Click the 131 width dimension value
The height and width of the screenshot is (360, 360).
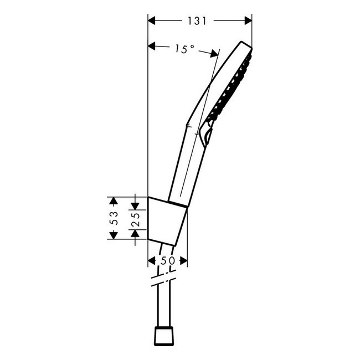[x=197, y=20]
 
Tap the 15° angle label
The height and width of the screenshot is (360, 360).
[x=184, y=49]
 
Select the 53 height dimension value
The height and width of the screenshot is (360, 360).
[x=114, y=217]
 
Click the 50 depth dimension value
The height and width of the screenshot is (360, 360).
[x=168, y=260]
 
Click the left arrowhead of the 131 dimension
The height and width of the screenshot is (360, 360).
[x=152, y=20]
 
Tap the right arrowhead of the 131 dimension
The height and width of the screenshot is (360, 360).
[x=248, y=20]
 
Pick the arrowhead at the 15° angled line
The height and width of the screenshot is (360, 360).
[x=214, y=53]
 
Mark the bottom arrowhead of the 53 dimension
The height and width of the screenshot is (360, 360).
[x=114, y=235]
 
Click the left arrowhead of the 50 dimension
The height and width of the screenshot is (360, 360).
[x=152, y=260]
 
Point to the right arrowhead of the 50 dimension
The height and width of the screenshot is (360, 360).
[x=183, y=260]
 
